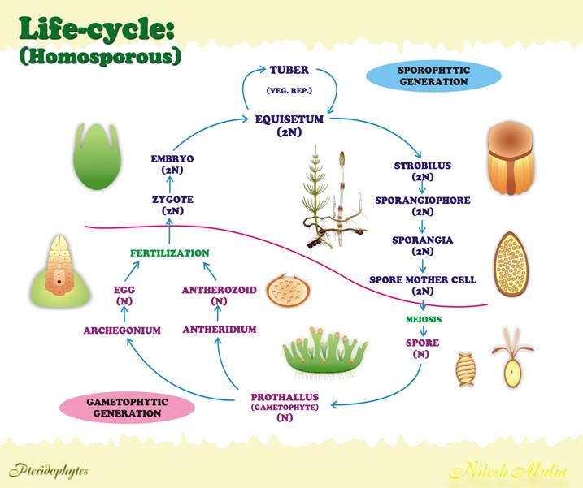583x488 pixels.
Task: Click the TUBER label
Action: (x=289, y=70)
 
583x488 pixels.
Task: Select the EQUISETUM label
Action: (x=289, y=119)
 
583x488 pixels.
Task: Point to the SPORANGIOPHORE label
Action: (x=422, y=199)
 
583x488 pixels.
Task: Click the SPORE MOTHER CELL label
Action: (x=422, y=279)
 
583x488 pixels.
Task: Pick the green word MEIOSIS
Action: (x=423, y=319)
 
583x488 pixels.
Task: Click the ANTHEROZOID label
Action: (x=217, y=288)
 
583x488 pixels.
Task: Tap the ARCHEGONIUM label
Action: (x=122, y=330)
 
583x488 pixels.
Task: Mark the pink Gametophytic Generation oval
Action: (x=127, y=407)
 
